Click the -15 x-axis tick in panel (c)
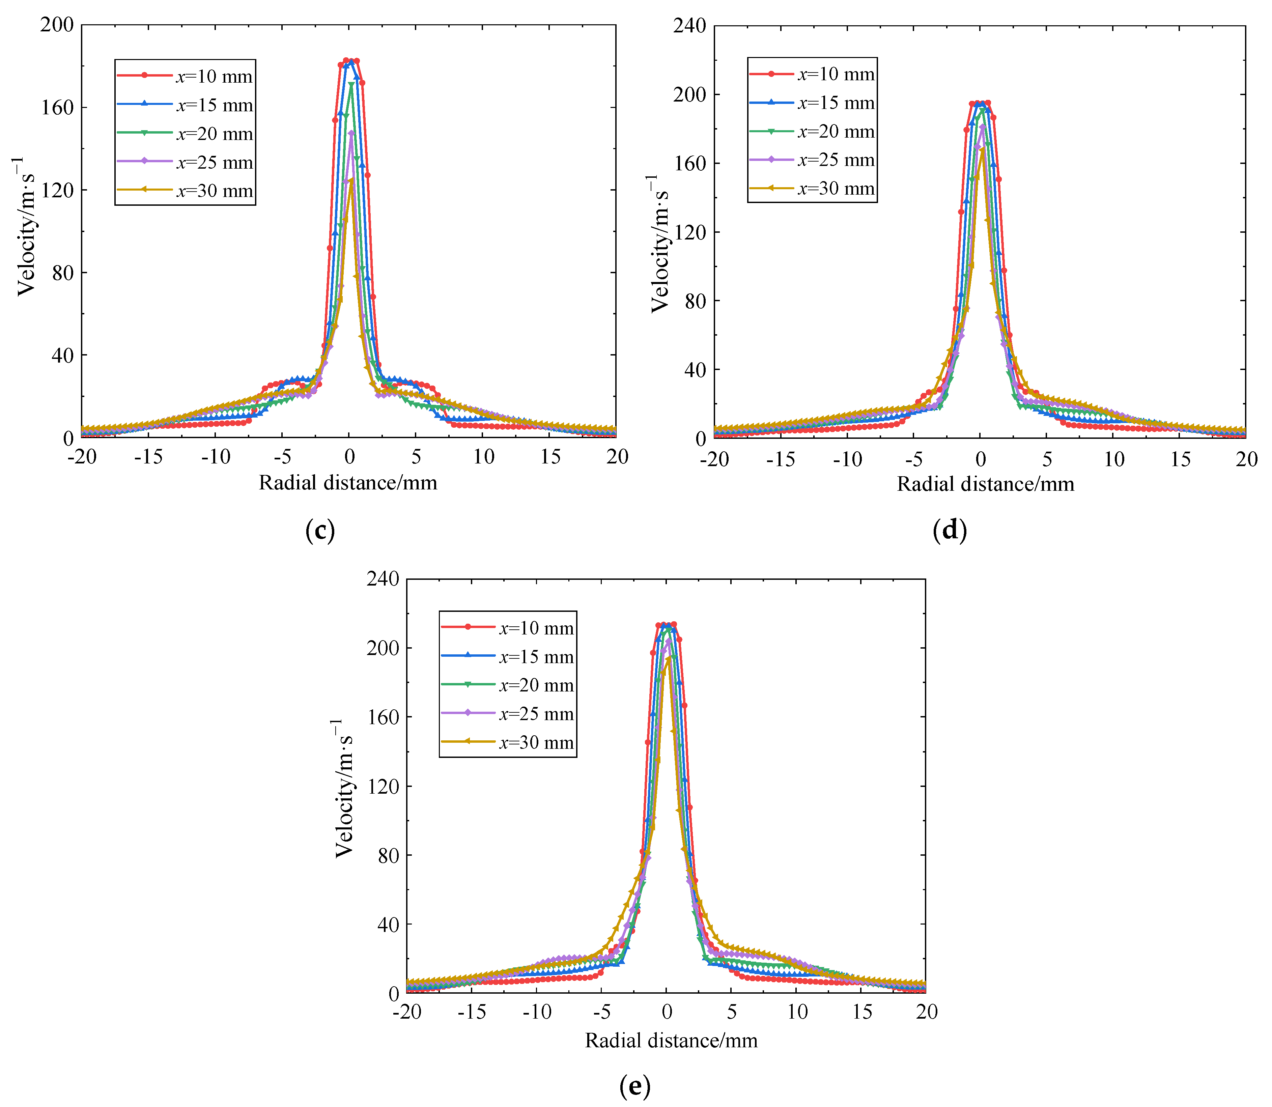click(148, 457)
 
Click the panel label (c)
click(320, 531)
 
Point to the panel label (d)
click(950, 531)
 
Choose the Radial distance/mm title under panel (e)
click(671, 1041)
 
